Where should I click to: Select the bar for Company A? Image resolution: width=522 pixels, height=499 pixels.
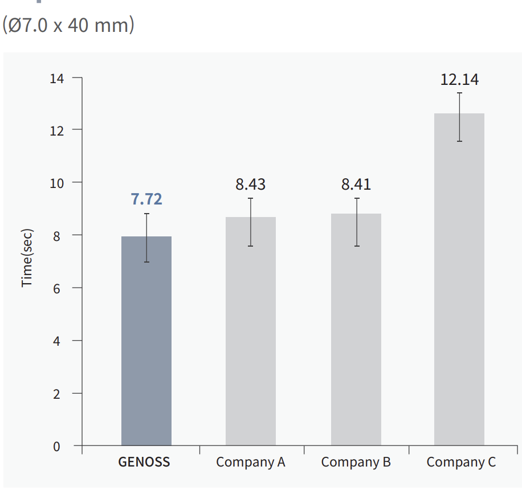(251, 342)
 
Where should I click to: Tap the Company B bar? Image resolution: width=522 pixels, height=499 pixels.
(356, 342)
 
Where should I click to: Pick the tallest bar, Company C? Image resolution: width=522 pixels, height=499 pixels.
(459, 285)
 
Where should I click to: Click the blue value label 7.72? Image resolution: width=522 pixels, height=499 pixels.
(146, 199)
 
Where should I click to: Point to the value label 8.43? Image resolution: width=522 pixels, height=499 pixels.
(251, 185)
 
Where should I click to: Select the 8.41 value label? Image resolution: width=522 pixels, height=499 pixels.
(356, 185)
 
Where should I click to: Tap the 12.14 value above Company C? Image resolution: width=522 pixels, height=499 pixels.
(459, 79)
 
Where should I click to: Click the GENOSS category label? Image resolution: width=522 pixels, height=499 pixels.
(144, 462)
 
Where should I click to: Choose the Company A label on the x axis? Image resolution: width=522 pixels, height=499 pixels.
(251, 462)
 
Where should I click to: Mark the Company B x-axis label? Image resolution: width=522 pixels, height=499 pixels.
(356, 462)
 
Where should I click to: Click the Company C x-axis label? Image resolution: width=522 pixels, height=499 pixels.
(461, 462)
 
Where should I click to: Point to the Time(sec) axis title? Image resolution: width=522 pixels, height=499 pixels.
(27, 258)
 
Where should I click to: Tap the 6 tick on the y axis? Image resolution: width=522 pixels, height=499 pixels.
(56, 288)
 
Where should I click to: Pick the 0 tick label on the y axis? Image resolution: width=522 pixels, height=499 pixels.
(56, 447)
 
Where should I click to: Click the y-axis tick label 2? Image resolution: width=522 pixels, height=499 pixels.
(56, 394)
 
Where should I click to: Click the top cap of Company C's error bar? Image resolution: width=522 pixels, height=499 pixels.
(459, 93)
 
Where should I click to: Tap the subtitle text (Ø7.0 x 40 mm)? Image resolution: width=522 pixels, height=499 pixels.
(68, 26)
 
